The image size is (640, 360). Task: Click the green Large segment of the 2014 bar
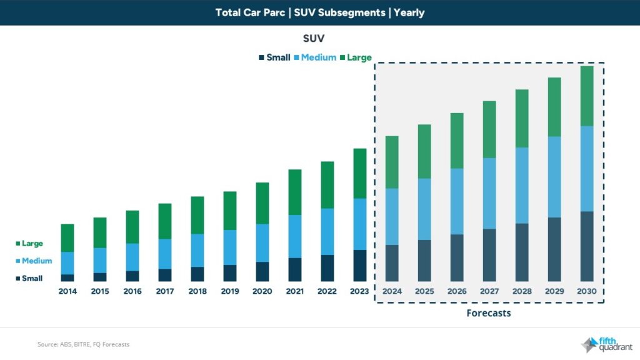(67, 237)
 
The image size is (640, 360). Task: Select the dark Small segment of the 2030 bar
(587, 246)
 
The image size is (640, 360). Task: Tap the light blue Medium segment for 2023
(360, 224)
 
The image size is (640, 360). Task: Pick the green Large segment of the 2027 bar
(489, 129)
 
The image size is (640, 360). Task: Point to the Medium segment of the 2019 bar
(230, 247)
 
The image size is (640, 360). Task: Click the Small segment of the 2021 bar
(295, 269)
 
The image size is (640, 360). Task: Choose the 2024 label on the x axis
(392, 291)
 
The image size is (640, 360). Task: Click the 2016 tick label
(132, 291)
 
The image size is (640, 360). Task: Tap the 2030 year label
(587, 291)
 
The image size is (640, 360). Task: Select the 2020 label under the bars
(262, 291)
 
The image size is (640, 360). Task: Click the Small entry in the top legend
(274, 57)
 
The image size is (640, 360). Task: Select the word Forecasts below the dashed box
(489, 313)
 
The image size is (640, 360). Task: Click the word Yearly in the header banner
(409, 12)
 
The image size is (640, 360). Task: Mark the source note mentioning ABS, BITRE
(83, 344)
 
